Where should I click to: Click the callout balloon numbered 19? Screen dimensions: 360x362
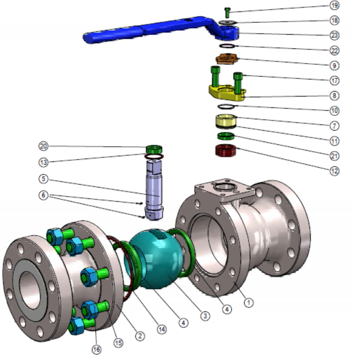click(x=334, y=5)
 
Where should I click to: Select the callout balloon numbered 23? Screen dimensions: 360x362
click(x=334, y=35)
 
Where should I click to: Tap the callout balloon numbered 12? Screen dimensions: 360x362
click(x=334, y=171)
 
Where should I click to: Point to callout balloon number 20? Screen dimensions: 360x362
click(x=43, y=146)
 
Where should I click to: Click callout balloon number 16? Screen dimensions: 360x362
click(x=97, y=349)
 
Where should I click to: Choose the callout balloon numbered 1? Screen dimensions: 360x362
click(x=249, y=302)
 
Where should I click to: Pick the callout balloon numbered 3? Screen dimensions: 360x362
click(x=205, y=315)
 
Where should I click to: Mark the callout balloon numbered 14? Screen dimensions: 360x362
click(x=162, y=329)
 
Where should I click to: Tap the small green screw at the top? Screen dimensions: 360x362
click(x=227, y=13)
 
